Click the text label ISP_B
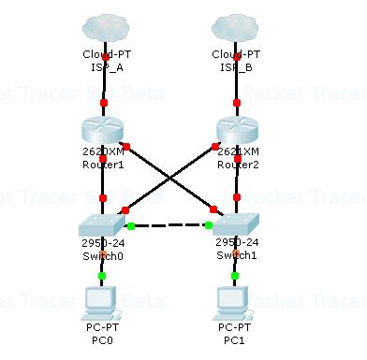point(234,67)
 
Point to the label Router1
point(103,165)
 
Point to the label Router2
point(236,165)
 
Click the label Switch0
point(103,255)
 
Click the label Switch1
point(235,255)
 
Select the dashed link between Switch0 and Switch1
point(169,225)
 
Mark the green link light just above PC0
point(102,276)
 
